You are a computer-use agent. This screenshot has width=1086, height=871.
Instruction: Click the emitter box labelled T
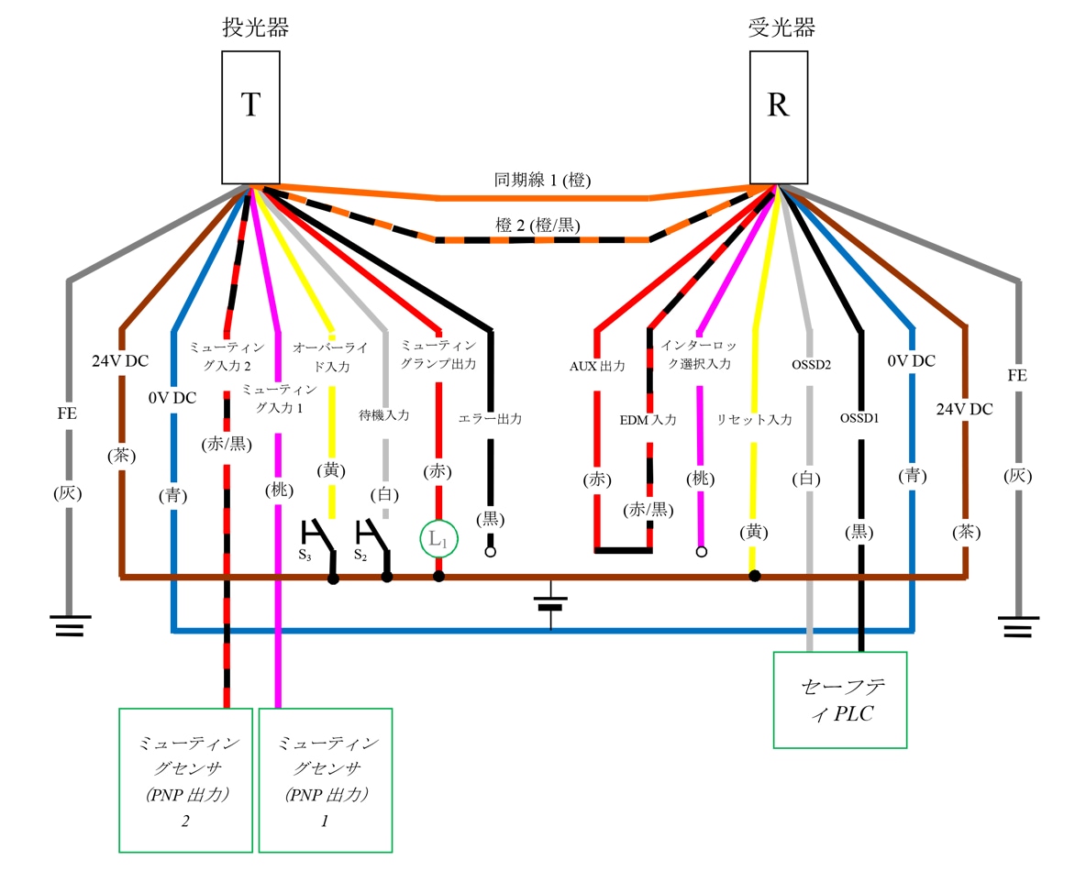point(251,116)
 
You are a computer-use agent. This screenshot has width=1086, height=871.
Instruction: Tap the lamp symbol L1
point(438,539)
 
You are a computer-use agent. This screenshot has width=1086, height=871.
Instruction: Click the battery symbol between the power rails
point(550,605)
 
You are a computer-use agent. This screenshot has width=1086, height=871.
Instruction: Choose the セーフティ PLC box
point(840,700)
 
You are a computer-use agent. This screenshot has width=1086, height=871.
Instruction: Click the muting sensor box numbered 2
point(185,780)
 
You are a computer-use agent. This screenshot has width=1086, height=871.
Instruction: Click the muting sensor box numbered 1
point(326,780)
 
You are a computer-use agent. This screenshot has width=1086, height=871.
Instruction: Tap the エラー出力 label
point(490,418)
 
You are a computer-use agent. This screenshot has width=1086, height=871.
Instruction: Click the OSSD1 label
point(860,418)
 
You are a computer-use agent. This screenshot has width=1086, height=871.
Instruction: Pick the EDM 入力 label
point(648,420)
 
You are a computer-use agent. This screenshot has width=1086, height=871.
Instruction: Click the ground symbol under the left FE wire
point(69,626)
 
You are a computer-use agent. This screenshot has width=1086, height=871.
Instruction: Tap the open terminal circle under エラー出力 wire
point(490,553)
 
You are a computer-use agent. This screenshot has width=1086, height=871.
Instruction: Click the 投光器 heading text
point(256,28)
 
